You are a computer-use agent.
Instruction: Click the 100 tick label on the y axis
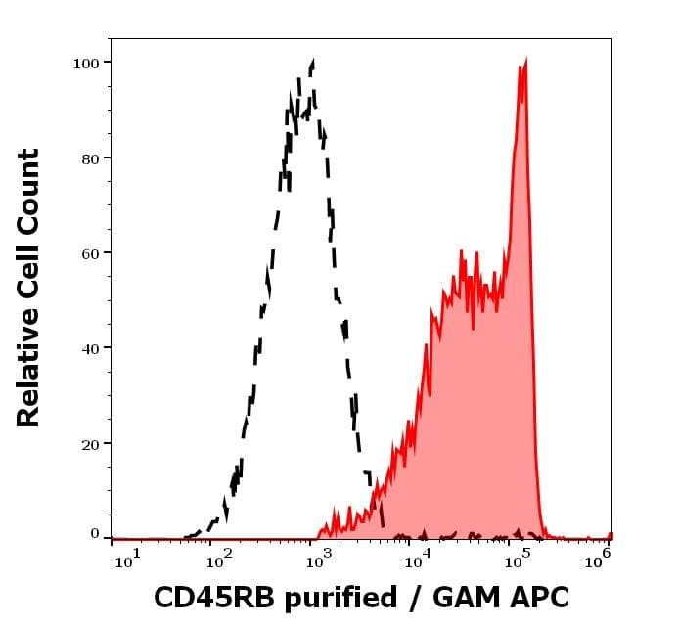point(86,64)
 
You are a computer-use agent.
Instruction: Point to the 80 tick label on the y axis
point(90,158)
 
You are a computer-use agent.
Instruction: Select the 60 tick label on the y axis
point(90,253)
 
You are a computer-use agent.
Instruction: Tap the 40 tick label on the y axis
point(90,348)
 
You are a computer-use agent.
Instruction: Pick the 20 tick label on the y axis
point(90,444)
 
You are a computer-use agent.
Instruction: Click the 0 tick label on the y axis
point(95,534)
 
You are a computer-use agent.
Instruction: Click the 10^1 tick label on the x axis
point(128,560)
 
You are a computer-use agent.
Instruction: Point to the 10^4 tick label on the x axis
point(417,560)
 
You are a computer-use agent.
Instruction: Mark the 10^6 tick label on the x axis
point(598,560)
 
